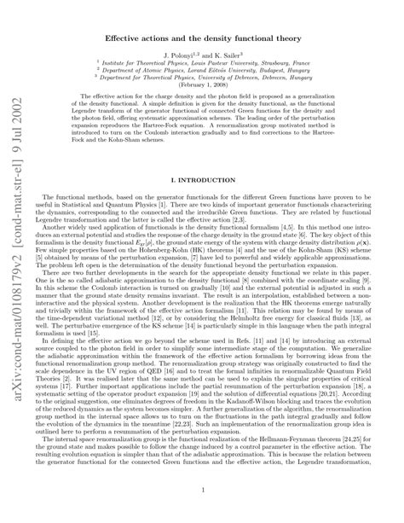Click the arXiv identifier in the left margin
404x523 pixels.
pos(18,324)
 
